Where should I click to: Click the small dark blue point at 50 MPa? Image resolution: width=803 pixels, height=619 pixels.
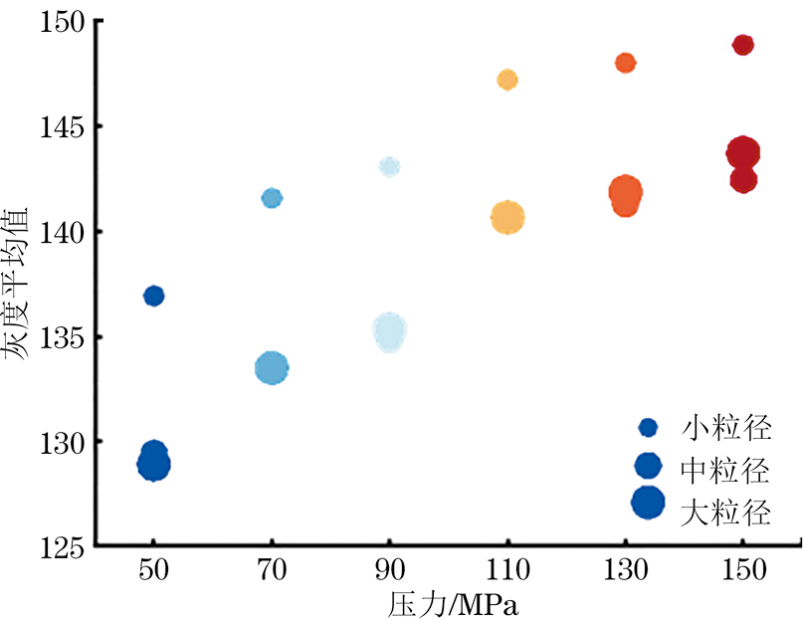[153, 296]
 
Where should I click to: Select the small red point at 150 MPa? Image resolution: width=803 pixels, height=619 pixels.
[742, 45]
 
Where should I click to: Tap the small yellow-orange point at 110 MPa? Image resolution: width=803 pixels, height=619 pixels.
[507, 80]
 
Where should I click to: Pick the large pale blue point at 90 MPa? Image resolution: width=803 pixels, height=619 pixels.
[390, 332]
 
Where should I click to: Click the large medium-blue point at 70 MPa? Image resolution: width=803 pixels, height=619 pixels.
[272, 368]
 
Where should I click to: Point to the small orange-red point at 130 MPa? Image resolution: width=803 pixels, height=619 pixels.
[625, 63]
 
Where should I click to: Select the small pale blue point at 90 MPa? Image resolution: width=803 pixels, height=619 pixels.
[389, 166]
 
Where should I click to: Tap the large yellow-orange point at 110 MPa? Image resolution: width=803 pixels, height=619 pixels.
[507, 217]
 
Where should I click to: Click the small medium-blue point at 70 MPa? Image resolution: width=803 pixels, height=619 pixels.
[272, 198]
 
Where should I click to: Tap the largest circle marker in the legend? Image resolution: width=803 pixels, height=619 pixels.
[649, 503]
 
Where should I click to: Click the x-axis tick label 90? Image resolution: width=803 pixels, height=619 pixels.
[389, 570]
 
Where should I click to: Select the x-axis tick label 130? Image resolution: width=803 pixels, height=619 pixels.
[625, 570]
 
